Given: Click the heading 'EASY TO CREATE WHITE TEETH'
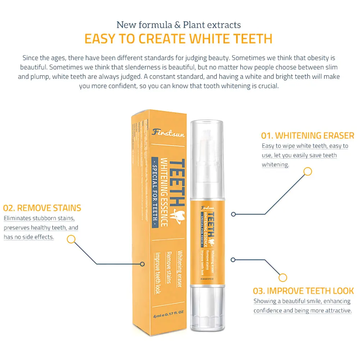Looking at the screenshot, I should pos(178,38).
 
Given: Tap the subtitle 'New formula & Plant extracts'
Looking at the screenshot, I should pos(178,25).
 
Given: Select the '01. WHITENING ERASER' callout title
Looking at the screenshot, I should pos(307,136).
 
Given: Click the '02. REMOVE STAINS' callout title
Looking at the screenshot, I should pos(42,208).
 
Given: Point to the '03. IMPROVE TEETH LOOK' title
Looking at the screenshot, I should pos(304,291).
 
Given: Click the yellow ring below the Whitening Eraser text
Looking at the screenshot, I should pos(307,172).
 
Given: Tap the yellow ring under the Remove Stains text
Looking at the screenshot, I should pos(71,239).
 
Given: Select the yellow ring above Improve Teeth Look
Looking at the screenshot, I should pos(283,278).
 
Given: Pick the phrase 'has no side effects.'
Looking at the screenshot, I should pos(29,237).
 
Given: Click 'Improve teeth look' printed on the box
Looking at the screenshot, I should pos(157,273).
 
